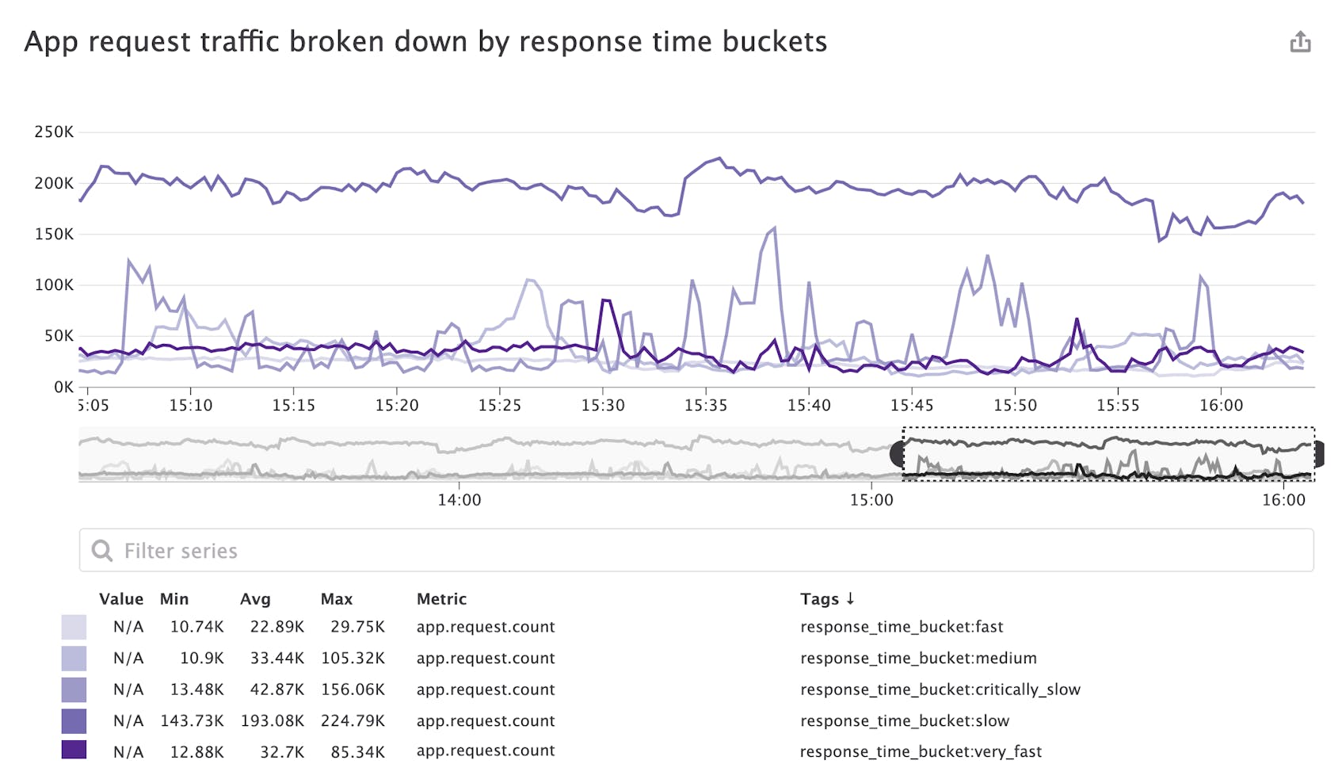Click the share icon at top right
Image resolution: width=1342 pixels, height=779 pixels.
[x=1300, y=42]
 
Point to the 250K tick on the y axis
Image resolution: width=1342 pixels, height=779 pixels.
[x=54, y=132]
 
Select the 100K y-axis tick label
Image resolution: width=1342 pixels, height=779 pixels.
[x=54, y=285]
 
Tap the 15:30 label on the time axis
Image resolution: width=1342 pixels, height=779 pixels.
[x=603, y=406]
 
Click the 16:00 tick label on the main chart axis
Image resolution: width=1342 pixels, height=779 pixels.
[x=1221, y=406]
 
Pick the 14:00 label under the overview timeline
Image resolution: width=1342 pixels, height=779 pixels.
[x=459, y=500]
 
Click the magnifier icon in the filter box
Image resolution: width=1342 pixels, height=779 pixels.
[x=102, y=551]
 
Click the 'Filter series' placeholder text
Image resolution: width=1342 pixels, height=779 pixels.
[x=181, y=551]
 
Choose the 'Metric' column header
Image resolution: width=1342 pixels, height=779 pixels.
[x=441, y=599]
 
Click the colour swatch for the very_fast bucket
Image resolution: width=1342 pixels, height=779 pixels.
[x=74, y=750]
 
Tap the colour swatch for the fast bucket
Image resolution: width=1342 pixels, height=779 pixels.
[x=74, y=627]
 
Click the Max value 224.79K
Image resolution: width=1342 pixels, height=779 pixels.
[x=353, y=721]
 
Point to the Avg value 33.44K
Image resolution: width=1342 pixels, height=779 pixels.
[x=276, y=659]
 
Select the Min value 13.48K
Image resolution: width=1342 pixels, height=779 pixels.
[x=196, y=689]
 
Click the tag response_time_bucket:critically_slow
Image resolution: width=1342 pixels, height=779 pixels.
[x=940, y=689]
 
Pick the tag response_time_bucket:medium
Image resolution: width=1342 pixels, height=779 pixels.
[x=918, y=659]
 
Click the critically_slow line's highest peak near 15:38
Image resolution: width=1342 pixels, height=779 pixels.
[x=774, y=228]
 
